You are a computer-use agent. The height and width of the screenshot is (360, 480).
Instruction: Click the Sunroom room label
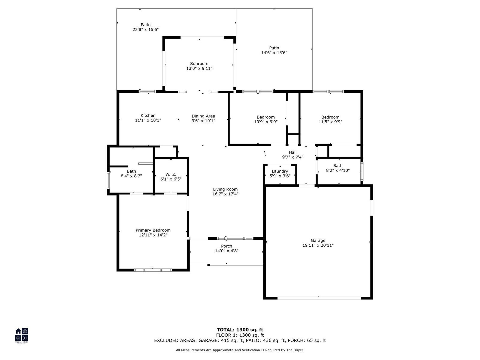(199, 64)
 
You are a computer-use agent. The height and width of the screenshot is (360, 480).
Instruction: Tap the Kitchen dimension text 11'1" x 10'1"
(148, 120)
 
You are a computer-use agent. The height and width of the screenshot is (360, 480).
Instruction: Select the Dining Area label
(203, 116)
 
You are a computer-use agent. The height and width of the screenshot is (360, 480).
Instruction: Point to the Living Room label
(225, 189)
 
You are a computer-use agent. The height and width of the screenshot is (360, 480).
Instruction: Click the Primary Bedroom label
(153, 230)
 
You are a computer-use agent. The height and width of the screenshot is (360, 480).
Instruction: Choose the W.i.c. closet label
(171, 174)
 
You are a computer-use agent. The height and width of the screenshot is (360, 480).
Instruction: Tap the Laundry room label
(280, 171)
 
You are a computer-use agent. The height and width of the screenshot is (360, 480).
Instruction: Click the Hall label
(292, 152)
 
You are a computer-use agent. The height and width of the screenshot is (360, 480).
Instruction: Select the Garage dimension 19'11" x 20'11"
(318, 245)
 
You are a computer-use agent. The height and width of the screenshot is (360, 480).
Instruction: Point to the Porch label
(226, 246)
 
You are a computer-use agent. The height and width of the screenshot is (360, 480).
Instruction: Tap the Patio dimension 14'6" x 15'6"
(274, 53)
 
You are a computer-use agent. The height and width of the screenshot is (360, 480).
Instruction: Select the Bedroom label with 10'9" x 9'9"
(266, 117)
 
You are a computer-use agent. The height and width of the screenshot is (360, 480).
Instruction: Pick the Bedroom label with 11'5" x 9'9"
(330, 117)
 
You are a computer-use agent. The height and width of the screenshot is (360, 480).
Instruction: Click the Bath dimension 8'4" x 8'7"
(131, 176)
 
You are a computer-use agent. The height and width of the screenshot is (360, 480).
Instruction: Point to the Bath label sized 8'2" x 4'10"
(338, 166)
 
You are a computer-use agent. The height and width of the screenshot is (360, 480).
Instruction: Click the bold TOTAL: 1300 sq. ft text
(240, 330)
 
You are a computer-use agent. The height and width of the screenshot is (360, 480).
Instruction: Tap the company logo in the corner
(21, 335)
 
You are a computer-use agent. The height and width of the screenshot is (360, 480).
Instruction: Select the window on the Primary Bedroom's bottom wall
(153, 270)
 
